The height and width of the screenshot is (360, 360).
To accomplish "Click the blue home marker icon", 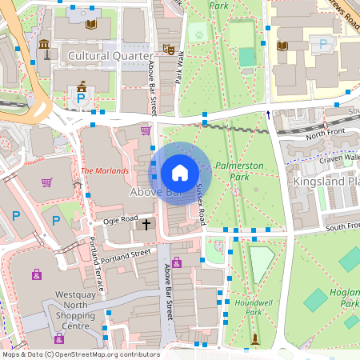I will [x=180, y=172].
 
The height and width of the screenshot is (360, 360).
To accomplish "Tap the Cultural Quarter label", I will [x=110, y=56].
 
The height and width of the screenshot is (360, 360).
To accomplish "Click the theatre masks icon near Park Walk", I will [x=168, y=49].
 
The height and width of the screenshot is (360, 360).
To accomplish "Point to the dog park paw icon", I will [x=197, y=35].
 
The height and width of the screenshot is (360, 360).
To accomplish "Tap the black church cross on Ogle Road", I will [x=146, y=225].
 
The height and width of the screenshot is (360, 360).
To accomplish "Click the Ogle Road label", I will [x=121, y=219].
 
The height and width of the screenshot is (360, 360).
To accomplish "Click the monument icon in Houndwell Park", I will [x=255, y=340].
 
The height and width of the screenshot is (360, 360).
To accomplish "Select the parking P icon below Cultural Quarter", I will [x=80, y=99].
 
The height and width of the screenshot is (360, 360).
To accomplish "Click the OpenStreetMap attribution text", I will [x=80, y=354].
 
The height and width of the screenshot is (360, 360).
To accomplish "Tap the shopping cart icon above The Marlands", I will [x=145, y=130].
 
